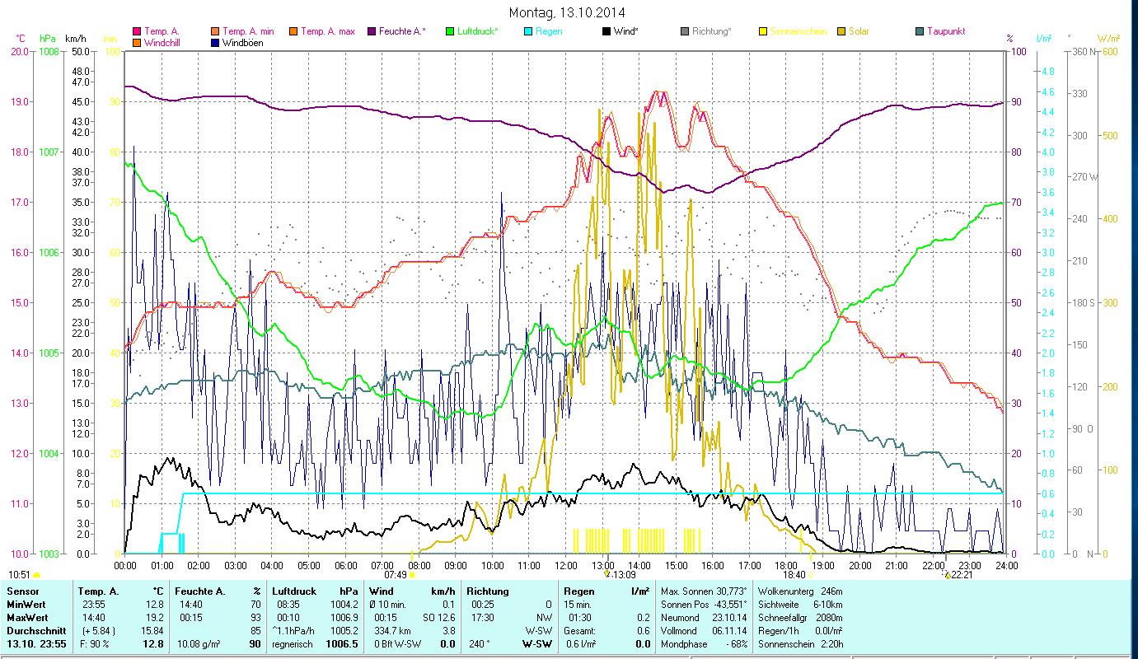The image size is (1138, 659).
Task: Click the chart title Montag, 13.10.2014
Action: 567,12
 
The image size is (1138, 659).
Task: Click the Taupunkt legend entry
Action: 945,31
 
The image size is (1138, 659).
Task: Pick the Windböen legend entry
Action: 242,43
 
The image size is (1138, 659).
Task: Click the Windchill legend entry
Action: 166,43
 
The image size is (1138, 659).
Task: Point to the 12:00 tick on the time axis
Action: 566,565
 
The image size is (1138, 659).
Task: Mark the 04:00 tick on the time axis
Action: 272,565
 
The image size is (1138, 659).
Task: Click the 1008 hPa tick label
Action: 49,51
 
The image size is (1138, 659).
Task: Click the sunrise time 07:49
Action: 395,575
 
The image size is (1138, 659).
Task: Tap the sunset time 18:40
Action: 794,575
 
